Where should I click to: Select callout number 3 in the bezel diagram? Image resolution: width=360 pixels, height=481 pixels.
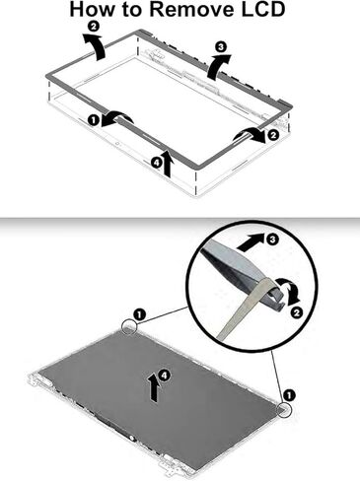click(220, 46)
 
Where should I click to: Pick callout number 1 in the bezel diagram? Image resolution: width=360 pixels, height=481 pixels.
click(94, 119)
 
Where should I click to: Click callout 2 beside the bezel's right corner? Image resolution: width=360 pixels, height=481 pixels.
click(272, 136)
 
